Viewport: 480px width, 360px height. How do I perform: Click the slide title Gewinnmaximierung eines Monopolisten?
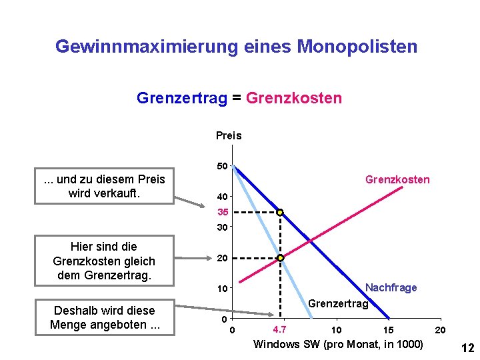click(x=237, y=47)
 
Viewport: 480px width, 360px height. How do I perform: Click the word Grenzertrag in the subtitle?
click(x=182, y=99)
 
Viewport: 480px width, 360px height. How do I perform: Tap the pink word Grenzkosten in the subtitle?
click(x=294, y=99)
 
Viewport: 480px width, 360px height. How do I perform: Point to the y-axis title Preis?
click(x=229, y=136)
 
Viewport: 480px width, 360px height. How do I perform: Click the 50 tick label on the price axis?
click(x=223, y=165)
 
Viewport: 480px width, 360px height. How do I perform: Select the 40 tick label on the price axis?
click(x=223, y=197)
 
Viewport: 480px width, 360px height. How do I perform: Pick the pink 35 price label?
click(x=223, y=213)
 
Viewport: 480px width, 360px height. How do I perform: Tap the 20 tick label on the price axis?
click(x=223, y=258)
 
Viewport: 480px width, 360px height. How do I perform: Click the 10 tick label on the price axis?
click(x=223, y=289)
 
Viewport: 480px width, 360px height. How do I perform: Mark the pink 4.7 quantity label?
click(x=280, y=329)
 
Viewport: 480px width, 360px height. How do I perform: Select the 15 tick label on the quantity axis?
click(x=388, y=330)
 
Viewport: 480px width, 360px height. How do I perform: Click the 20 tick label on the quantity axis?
click(x=440, y=330)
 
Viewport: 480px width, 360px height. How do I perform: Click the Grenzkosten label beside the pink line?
click(x=397, y=179)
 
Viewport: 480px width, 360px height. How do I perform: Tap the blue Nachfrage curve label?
click(x=391, y=287)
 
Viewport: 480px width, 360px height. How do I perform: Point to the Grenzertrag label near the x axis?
click(x=339, y=304)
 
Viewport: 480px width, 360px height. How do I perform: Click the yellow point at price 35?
click(x=281, y=213)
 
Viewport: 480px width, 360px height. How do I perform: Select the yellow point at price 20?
click(x=281, y=258)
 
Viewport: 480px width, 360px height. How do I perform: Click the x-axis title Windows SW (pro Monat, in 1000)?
click(x=338, y=344)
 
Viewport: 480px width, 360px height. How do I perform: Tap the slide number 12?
click(x=467, y=347)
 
